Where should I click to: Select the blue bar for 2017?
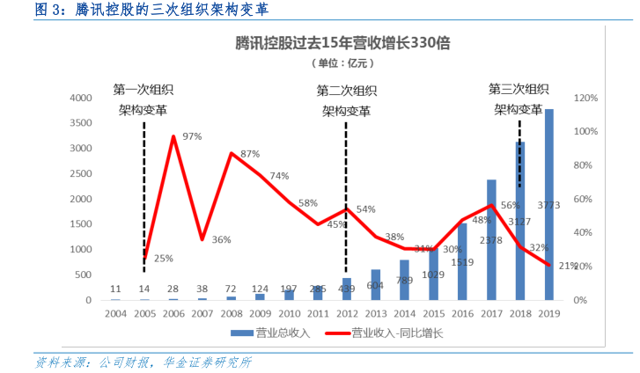491,240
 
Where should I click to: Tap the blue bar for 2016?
462,262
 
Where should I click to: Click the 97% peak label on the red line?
192,137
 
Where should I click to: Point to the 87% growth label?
250,154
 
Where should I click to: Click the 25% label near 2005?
164,259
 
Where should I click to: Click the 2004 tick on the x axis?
116,313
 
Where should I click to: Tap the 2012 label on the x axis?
346,313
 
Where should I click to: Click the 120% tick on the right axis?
587,98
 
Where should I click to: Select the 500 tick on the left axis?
85,275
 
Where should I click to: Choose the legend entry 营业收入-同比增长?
387,333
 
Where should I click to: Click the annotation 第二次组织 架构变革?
346,100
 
